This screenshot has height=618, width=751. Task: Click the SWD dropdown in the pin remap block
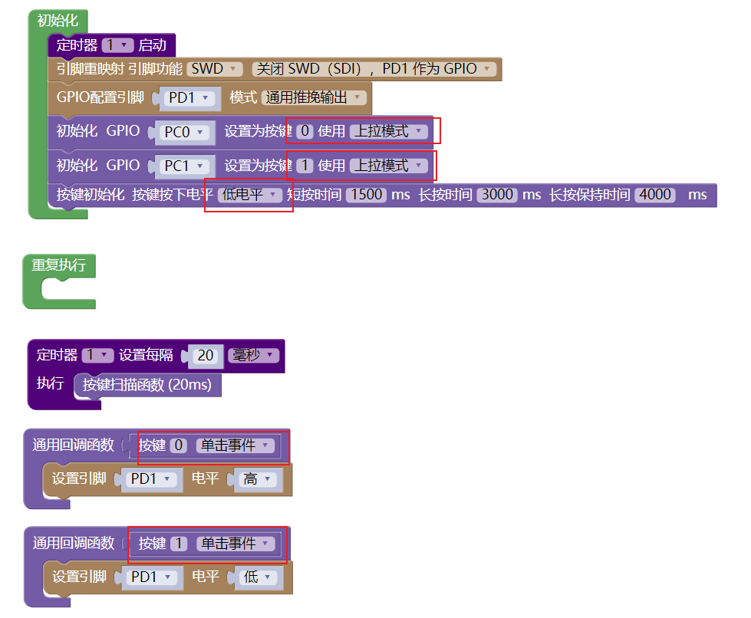[x=215, y=69]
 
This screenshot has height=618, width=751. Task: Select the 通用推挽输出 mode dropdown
[x=313, y=97]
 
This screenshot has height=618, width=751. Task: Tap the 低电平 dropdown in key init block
[x=250, y=195]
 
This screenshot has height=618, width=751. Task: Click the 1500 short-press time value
[x=366, y=195]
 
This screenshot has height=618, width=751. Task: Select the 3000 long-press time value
[x=497, y=195]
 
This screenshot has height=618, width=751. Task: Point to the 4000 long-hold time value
[x=655, y=195]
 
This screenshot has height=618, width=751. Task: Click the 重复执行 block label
[x=58, y=266]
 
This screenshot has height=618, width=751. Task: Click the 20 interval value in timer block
[x=206, y=356]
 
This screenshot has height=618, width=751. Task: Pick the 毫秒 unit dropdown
[x=253, y=356]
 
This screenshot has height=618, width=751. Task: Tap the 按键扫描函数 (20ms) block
[x=147, y=385]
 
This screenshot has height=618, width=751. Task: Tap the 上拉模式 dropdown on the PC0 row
[x=389, y=132]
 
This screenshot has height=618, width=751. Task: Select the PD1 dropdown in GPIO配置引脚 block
[x=187, y=98]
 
